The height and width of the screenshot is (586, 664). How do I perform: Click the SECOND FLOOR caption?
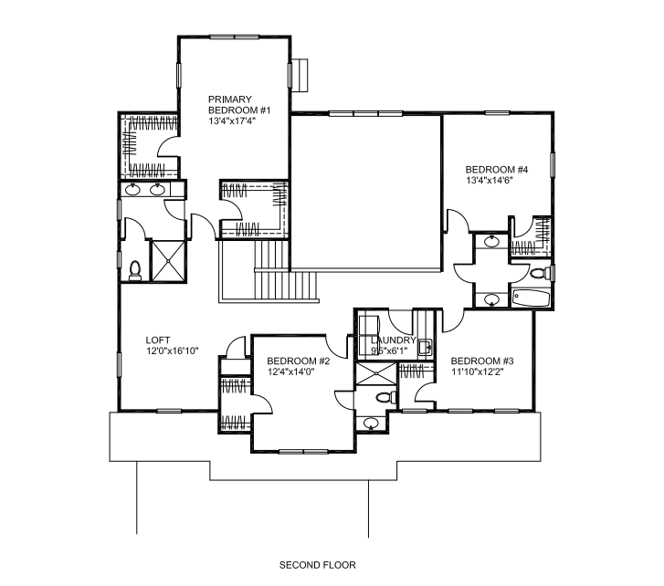318,565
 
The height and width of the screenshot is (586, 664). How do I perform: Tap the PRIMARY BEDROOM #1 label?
239,105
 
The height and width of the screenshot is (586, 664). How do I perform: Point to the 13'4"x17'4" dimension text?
233,121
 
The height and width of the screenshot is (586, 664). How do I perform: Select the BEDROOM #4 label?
497,170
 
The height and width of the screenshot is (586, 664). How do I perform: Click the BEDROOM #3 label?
482,361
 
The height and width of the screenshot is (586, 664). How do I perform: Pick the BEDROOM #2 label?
298,361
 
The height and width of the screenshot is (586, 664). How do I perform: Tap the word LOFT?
158,340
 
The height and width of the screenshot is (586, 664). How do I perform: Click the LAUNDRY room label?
394,340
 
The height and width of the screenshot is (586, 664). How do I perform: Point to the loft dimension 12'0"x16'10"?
173,351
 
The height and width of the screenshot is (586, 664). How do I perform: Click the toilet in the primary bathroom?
135,271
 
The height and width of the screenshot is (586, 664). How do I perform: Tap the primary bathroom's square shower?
169,261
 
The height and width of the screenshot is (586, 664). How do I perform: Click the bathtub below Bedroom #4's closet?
531,298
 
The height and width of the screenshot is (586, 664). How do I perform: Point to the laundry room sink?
425,348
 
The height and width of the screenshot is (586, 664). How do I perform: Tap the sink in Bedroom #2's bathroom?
371,424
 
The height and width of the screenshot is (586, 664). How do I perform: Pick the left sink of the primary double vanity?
133,189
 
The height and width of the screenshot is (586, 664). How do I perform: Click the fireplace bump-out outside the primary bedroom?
300,75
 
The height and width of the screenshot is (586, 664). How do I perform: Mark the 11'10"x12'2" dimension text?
478,371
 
